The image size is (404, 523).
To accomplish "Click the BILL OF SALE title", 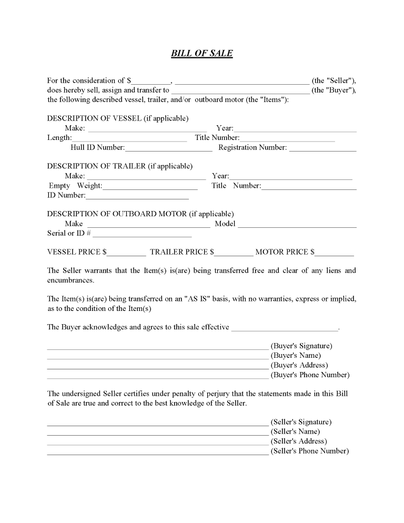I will [x=202, y=53].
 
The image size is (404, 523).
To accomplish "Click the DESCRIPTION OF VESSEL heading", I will [x=118, y=118].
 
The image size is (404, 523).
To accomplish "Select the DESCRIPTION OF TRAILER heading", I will [x=120, y=166].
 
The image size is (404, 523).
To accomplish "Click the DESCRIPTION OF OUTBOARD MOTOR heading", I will [x=140, y=214].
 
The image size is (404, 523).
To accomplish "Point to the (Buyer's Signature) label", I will [x=301, y=346].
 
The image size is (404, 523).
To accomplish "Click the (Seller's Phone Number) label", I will [x=310, y=451].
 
